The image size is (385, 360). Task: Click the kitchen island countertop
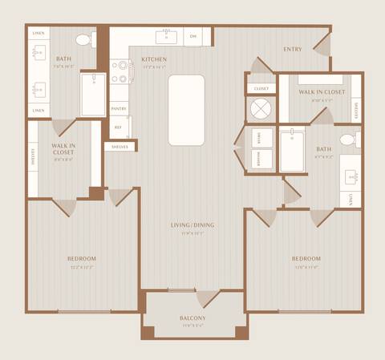(186, 110)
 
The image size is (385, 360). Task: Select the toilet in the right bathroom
(347, 140)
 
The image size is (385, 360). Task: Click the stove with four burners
(122, 75)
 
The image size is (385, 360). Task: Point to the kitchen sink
(168, 36)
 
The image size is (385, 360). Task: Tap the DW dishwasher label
(192, 36)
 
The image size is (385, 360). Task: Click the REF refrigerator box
(118, 127)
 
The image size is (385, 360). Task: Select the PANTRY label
(118, 108)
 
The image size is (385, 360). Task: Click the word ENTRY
(293, 49)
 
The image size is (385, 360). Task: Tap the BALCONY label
(192, 318)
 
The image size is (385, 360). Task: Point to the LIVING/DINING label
(192, 225)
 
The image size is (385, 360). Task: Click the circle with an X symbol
(261, 107)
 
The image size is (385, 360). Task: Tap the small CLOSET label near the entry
(261, 88)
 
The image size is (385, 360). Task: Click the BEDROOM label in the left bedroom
(82, 258)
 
